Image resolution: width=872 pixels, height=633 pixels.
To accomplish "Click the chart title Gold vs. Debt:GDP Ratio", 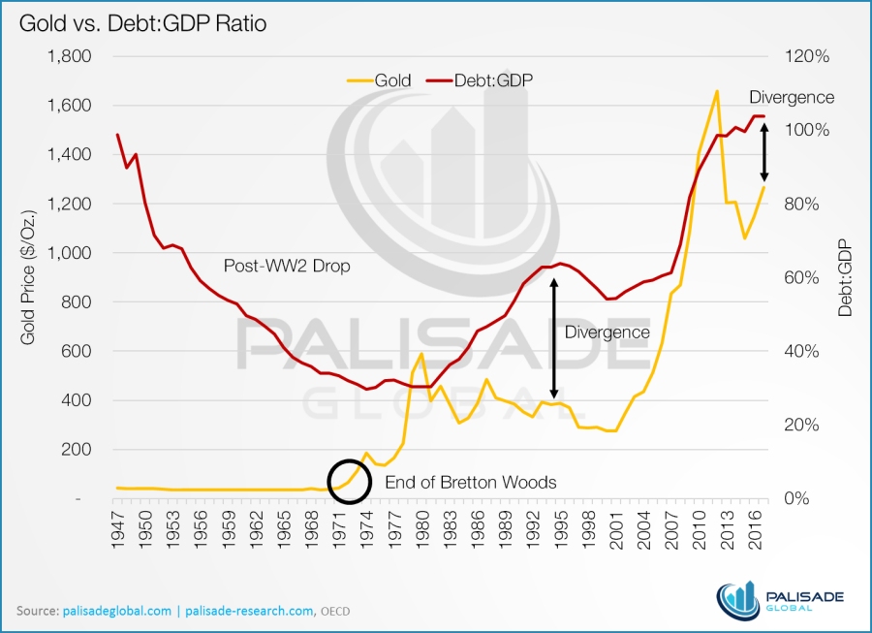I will [141, 22].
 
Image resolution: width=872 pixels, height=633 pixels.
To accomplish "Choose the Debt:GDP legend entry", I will [485, 81].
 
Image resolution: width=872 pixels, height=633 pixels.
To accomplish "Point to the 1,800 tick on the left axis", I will [70, 57].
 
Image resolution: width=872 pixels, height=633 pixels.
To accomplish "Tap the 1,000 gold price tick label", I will [70, 253].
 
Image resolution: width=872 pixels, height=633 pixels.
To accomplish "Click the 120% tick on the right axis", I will [807, 57].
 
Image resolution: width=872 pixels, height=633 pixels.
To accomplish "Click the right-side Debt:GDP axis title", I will [845, 277].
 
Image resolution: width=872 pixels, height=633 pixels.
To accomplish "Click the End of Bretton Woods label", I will [471, 482].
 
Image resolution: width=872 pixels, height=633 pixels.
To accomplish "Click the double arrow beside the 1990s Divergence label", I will [555, 339].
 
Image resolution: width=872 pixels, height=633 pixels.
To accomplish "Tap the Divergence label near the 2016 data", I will [792, 97].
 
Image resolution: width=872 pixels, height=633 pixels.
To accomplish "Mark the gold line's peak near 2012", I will [716, 92].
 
